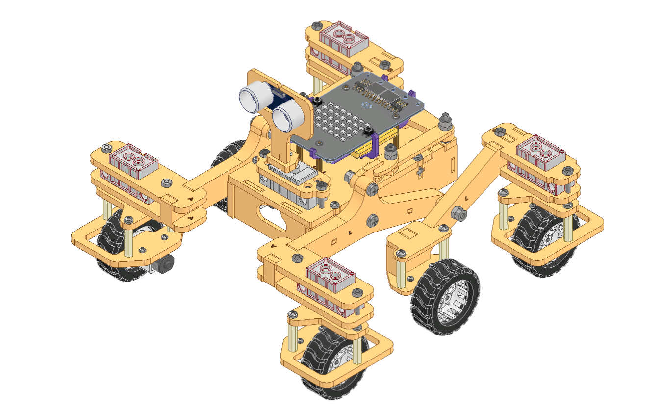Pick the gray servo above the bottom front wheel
tap(330, 273)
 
